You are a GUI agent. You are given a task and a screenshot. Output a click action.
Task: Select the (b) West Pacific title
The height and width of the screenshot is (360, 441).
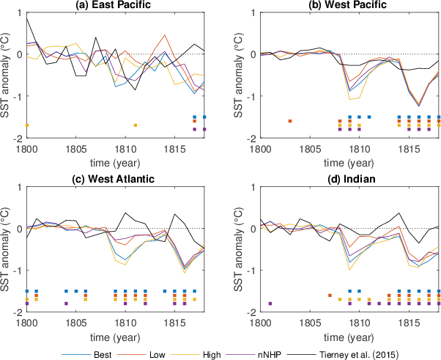tap(349, 6)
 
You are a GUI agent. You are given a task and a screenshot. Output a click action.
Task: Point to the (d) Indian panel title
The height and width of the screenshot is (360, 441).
tap(349, 182)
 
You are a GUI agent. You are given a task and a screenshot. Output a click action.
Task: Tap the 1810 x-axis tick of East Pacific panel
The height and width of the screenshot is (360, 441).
tap(125, 147)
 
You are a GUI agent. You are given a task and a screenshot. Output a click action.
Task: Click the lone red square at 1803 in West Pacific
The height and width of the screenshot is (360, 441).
tap(290, 121)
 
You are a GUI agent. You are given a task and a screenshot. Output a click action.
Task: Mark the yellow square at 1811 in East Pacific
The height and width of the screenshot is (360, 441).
tap(136, 125)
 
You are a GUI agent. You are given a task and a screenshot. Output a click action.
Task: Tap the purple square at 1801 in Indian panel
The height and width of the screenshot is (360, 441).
tap(270, 304)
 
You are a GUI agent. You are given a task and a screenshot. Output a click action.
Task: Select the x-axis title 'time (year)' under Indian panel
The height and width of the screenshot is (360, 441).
tap(349, 334)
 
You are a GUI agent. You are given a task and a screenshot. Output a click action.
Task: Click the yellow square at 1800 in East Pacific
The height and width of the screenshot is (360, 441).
tap(27, 125)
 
